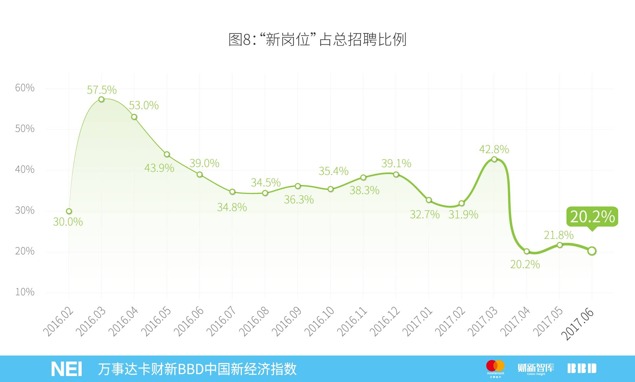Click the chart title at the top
pyautogui.click(x=317, y=39)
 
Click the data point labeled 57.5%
pyautogui.click(x=102, y=99)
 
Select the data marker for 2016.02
pyautogui.click(x=69, y=211)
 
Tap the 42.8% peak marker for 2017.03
pyautogui.click(x=494, y=159)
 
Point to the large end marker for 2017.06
pyautogui.click(x=592, y=251)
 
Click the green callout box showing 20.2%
pyautogui.click(x=592, y=217)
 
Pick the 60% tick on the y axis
pyautogui.click(x=25, y=88)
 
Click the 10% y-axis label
pyautogui.click(x=25, y=292)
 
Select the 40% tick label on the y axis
pyautogui.click(x=25, y=169)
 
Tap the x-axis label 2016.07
pyautogui.click(x=222, y=321)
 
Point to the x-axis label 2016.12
pyautogui.click(x=385, y=321)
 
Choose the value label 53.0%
pyautogui.click(x=144, y=106)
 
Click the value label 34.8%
pyautogui.click(x=232, y=208)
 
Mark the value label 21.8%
pyautogui.click(x=559, y=235)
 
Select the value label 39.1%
pyautogui.click(x=396, y=164)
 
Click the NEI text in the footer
pyautogui.click(x=66, y=369)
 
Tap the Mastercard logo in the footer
pyautogui.click(x=495, y=367)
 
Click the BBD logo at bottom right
pyautogui.click(x=582, y=368)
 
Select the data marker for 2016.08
pyautogui.click(x=265, y=193)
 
